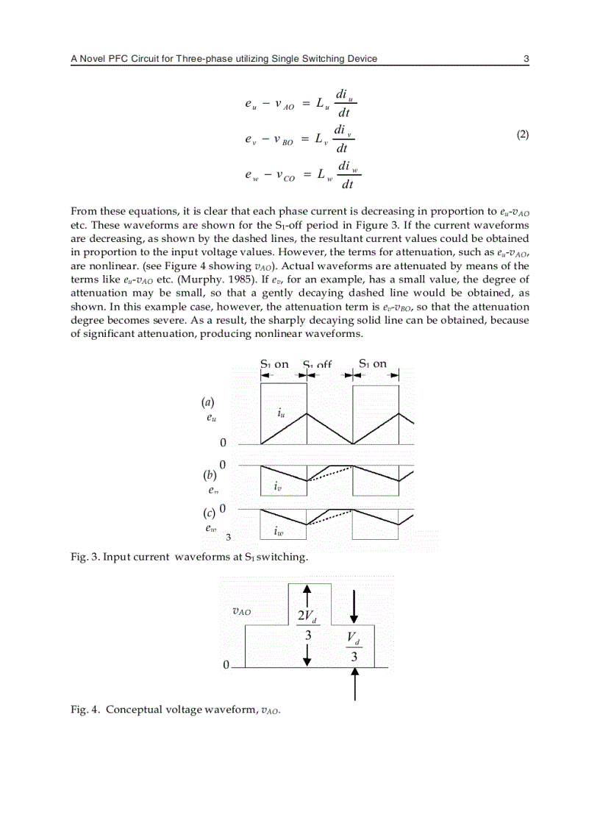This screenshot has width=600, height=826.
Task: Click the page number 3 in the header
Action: coord(526,59)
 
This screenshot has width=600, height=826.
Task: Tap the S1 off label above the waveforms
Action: coord(318,364)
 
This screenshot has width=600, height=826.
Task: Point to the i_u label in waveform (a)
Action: coord(281,413)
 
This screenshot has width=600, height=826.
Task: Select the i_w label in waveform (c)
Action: coord(279,530)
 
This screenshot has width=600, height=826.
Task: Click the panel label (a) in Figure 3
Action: coord(207,402)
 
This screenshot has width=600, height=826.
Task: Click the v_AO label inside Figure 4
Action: coord(241,610)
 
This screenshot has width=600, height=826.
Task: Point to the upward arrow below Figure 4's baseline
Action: coord(354,686)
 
